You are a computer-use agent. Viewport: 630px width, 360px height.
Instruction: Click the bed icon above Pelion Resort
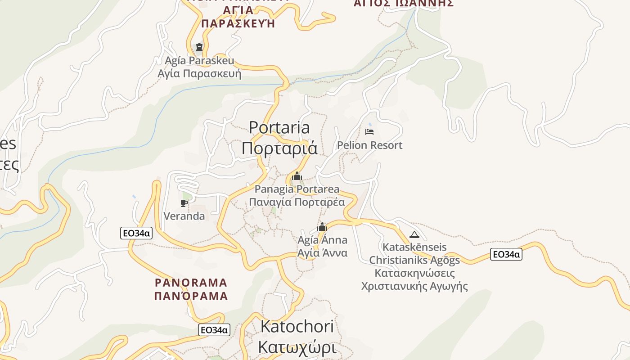click(x=369, y=132)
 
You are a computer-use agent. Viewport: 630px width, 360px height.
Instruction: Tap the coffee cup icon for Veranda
click(x=184, y=203)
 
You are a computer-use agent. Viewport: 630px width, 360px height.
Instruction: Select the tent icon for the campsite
click(x=414, y=234)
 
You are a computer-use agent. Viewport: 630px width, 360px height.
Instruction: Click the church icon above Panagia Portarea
click(x=297, y=176)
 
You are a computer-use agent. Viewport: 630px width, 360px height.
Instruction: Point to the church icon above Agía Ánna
click(x=322, y=227)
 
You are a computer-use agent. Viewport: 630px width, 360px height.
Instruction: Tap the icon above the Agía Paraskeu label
click(x=199, y=47)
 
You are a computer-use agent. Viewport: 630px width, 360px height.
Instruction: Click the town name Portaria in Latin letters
click(x=279, y=127)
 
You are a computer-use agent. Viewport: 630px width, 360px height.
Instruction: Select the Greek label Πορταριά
click(x=279, y=148)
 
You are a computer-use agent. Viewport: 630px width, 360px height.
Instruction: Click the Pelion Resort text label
click(x=369, y=145)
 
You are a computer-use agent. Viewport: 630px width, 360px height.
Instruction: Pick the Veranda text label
click(x=184, y=216)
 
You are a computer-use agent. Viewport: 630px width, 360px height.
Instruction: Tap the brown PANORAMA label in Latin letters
click(x=191, y=283)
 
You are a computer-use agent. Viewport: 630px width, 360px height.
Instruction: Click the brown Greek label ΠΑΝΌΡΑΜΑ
click(x=191, y=296)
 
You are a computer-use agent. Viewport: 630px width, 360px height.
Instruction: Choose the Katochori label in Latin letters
click(x=297, y=327)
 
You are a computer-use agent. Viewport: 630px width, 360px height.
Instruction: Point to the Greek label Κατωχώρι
click(x=297, y=348)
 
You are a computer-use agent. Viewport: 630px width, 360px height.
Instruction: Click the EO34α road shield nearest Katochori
click(x=214, y=330)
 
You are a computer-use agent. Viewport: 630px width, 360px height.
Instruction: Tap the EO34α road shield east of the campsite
click(x=506, y=254)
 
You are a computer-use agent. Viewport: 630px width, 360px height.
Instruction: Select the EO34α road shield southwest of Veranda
click(x=136, y=233)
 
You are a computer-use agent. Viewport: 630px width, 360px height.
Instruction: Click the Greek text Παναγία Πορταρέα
click(x=297, y=202)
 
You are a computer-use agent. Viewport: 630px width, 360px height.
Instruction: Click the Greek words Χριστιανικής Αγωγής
click(x=414, y=286)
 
